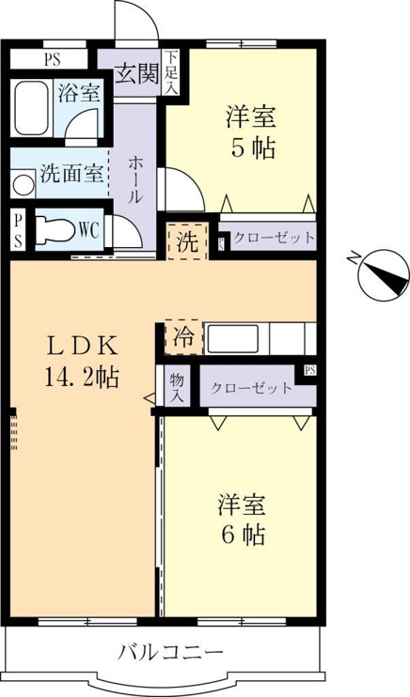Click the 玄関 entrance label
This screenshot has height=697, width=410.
point(137,75)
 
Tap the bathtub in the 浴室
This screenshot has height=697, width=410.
point(31,108)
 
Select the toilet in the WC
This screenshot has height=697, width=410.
point(55,230)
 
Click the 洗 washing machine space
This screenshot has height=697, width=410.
point(187,241)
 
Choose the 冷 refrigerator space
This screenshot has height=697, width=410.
point(183,337)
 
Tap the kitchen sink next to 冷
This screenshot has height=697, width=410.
point(232,339)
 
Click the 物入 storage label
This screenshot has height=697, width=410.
point(177,387)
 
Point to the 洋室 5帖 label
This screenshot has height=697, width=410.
point(252,132)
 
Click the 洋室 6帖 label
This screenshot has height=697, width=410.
point(243,519)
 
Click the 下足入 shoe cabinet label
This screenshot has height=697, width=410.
point(171,72)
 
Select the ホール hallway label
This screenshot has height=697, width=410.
point(135,179)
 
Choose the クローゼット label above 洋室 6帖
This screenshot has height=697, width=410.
point(251,388)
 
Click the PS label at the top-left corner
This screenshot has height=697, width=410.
point(52,59)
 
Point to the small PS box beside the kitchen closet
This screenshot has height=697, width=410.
point(310,370)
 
